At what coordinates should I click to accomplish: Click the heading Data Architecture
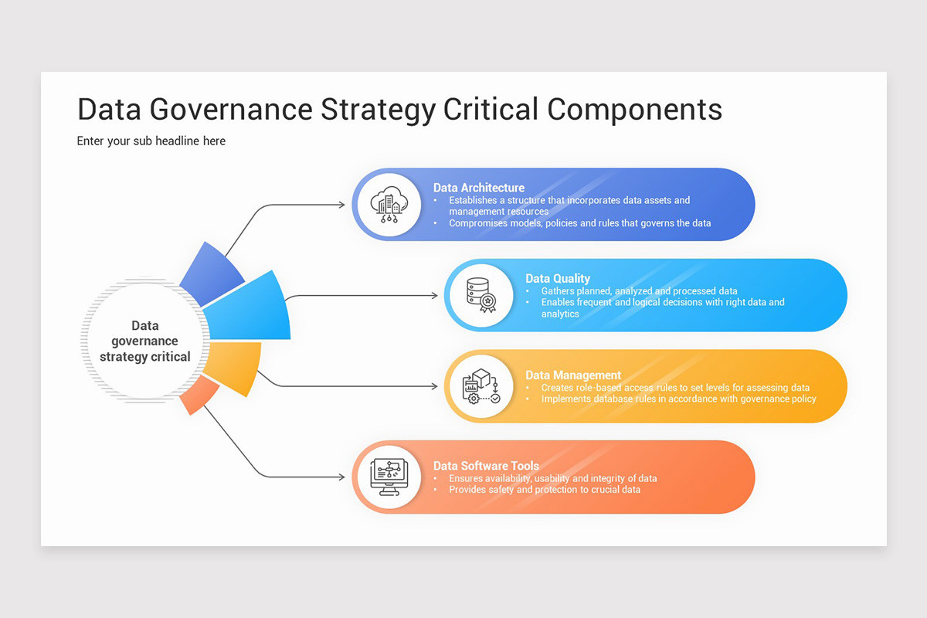click(479, 188)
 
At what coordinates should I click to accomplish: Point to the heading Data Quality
click(558, 278)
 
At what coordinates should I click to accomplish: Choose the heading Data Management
click(573, 375)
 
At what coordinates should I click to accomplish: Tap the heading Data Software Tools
click(486, 466)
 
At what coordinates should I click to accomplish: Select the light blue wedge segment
click(255, 309)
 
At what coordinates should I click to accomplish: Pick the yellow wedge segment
click(236, 367)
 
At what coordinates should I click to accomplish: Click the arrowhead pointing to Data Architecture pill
click(341, 205)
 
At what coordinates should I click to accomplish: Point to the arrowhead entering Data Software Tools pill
click(341, 477)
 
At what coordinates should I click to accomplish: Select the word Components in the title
click(635, 110)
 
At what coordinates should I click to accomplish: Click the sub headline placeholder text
click(151, 141)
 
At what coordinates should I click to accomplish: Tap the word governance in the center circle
click(144, 341)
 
